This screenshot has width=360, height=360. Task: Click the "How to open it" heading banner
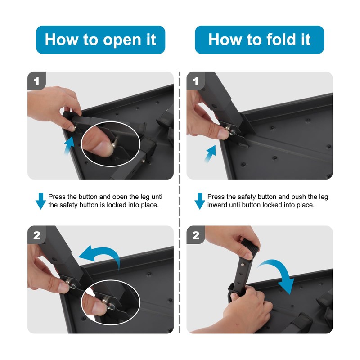coord(100,40)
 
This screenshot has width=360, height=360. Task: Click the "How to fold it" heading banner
coord(260,40)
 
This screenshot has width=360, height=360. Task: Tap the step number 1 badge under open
coord(37,81)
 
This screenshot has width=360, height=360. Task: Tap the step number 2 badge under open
coord(37,235)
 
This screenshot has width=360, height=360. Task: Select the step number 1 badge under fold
coord(196,81)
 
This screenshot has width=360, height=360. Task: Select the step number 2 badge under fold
coord(196,235)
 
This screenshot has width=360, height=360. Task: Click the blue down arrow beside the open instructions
coord(40,201)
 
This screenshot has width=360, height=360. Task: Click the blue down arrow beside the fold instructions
coord(200,201)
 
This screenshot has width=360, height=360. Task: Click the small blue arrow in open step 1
coord(70,145)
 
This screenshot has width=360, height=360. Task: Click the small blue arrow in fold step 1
coord(211,153)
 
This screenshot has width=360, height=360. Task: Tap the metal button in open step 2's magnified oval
coord(106,300)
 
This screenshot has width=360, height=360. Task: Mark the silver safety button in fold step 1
coord(228,128)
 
